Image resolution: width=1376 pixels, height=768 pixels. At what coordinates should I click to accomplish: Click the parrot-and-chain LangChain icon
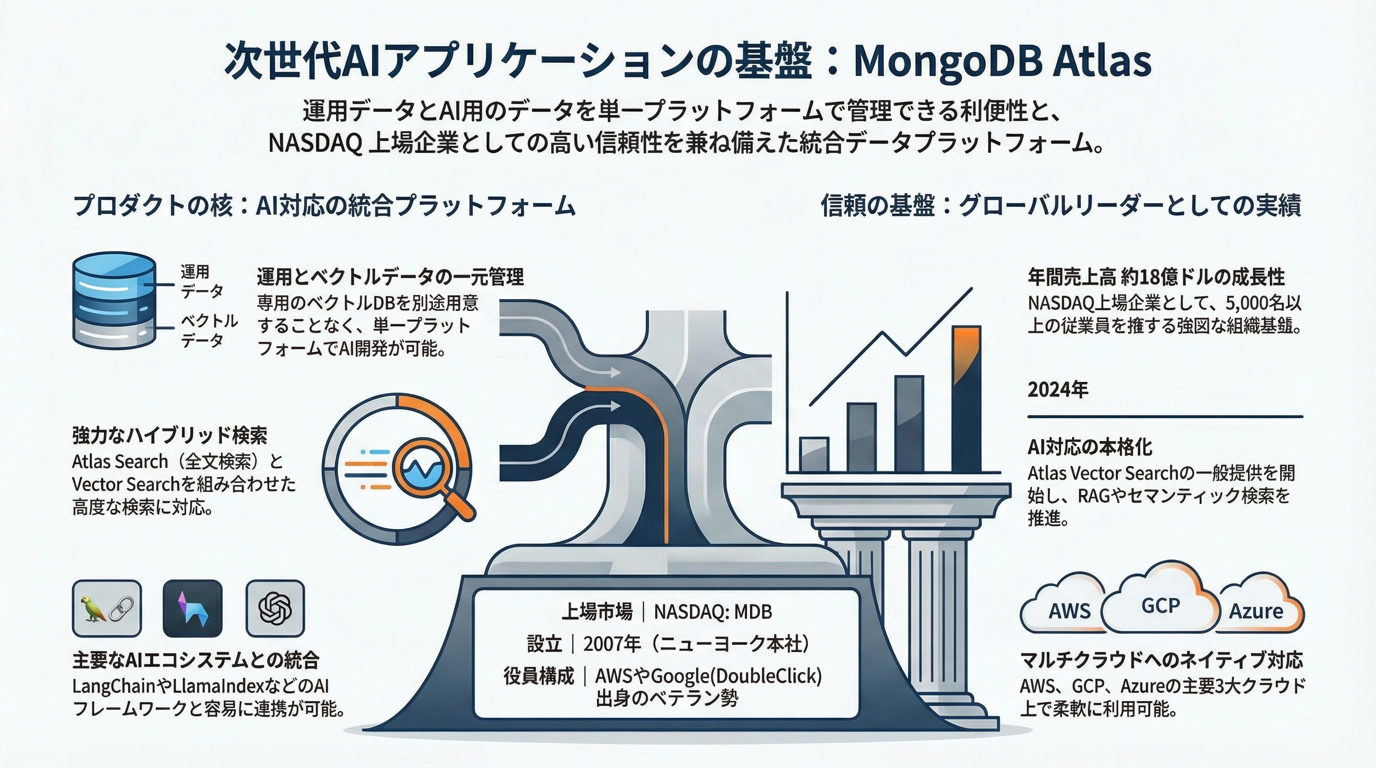coord(107,609)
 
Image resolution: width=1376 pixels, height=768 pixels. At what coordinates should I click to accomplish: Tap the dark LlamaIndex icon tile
coord(192,609)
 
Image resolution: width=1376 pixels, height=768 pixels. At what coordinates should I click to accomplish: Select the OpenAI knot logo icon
coord(275,609)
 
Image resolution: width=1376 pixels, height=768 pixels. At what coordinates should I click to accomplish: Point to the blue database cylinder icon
coord(114,300)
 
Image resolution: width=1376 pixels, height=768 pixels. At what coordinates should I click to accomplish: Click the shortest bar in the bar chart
coord(814,455)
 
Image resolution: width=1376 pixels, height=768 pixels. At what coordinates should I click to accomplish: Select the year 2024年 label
coord(1058,389)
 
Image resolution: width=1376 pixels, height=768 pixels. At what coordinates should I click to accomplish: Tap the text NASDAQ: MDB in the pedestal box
coord(713,611)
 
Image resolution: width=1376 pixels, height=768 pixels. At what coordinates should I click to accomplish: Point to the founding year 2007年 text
coord(612,644)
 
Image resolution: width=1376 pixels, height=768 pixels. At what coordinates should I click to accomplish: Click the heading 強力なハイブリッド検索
coord(170,436)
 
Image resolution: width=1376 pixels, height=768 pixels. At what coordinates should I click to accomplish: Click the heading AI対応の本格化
coord(1090,447)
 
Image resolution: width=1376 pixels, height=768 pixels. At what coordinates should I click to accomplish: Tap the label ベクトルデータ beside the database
coord(209,330)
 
